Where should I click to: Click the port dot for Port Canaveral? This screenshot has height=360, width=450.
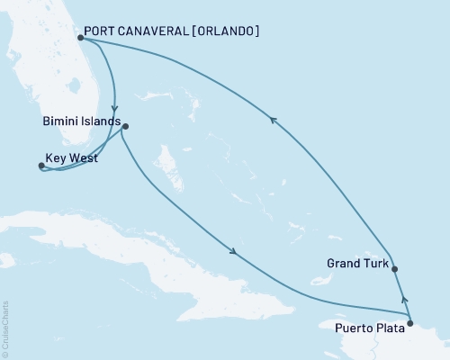[82, 38]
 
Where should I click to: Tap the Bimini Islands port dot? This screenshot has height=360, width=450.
[125, 126]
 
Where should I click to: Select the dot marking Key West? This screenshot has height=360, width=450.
[41, 166]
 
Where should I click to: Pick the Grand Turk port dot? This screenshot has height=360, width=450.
[395, 268]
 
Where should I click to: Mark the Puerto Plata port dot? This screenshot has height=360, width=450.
[410, 322]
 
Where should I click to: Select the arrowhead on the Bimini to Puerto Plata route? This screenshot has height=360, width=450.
[235, 252]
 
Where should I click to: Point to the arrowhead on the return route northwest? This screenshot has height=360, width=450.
[273, 115]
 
